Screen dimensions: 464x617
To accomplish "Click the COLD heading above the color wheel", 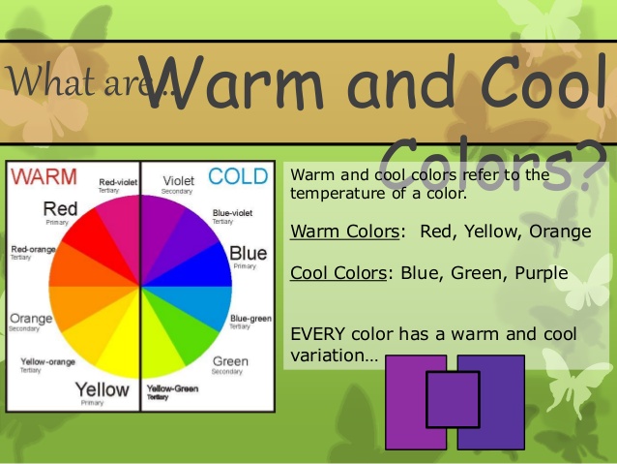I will tap(238, 176).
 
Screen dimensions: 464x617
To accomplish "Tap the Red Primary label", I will tap(60, 212).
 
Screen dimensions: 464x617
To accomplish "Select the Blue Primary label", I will tap(248, 256).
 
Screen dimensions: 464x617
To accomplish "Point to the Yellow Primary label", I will tap(102, 392).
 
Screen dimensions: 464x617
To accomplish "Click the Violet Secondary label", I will tap(179, 184).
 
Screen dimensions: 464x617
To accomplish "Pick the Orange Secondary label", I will tap(30, 322).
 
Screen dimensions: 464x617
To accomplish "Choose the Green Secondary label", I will tap(230, 365).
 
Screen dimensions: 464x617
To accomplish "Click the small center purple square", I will tap(453, 399).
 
